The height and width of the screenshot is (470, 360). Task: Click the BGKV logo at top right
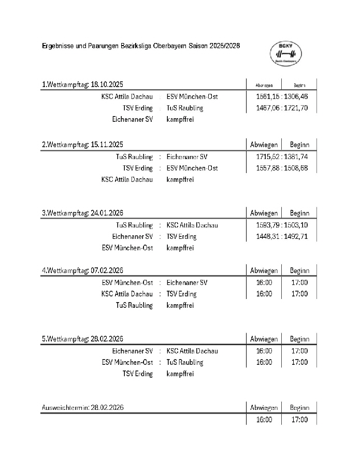[286, 53]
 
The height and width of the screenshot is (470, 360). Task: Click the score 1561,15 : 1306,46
[282, 97]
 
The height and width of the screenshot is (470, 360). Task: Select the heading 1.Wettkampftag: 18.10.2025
[82, 84]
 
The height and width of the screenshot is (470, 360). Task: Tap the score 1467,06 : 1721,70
[282, 108]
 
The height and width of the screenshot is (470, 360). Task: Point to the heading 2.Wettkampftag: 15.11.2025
[82, 145]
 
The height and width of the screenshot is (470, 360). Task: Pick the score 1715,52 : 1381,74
[282, 156]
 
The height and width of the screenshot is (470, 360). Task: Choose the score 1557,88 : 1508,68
[282, 168]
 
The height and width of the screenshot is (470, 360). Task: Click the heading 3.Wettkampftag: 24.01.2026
[82, 213]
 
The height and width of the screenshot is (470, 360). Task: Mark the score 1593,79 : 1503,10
[282, 225]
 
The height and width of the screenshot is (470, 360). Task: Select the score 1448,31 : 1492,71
[282, 236]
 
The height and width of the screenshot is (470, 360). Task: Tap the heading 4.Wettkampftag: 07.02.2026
[82, 270]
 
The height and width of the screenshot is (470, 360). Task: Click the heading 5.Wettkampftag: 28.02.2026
[82, 339]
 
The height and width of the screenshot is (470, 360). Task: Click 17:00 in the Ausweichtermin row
[299, 419]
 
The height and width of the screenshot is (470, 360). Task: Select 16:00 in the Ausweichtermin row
[264, 419]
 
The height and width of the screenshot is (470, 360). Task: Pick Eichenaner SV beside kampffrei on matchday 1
[132, 120]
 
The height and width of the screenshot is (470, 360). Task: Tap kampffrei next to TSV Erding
[180, 374]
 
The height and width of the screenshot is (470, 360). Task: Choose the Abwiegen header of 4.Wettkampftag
[264, 270]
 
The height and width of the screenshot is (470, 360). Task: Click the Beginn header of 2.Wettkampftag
[299, 145]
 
